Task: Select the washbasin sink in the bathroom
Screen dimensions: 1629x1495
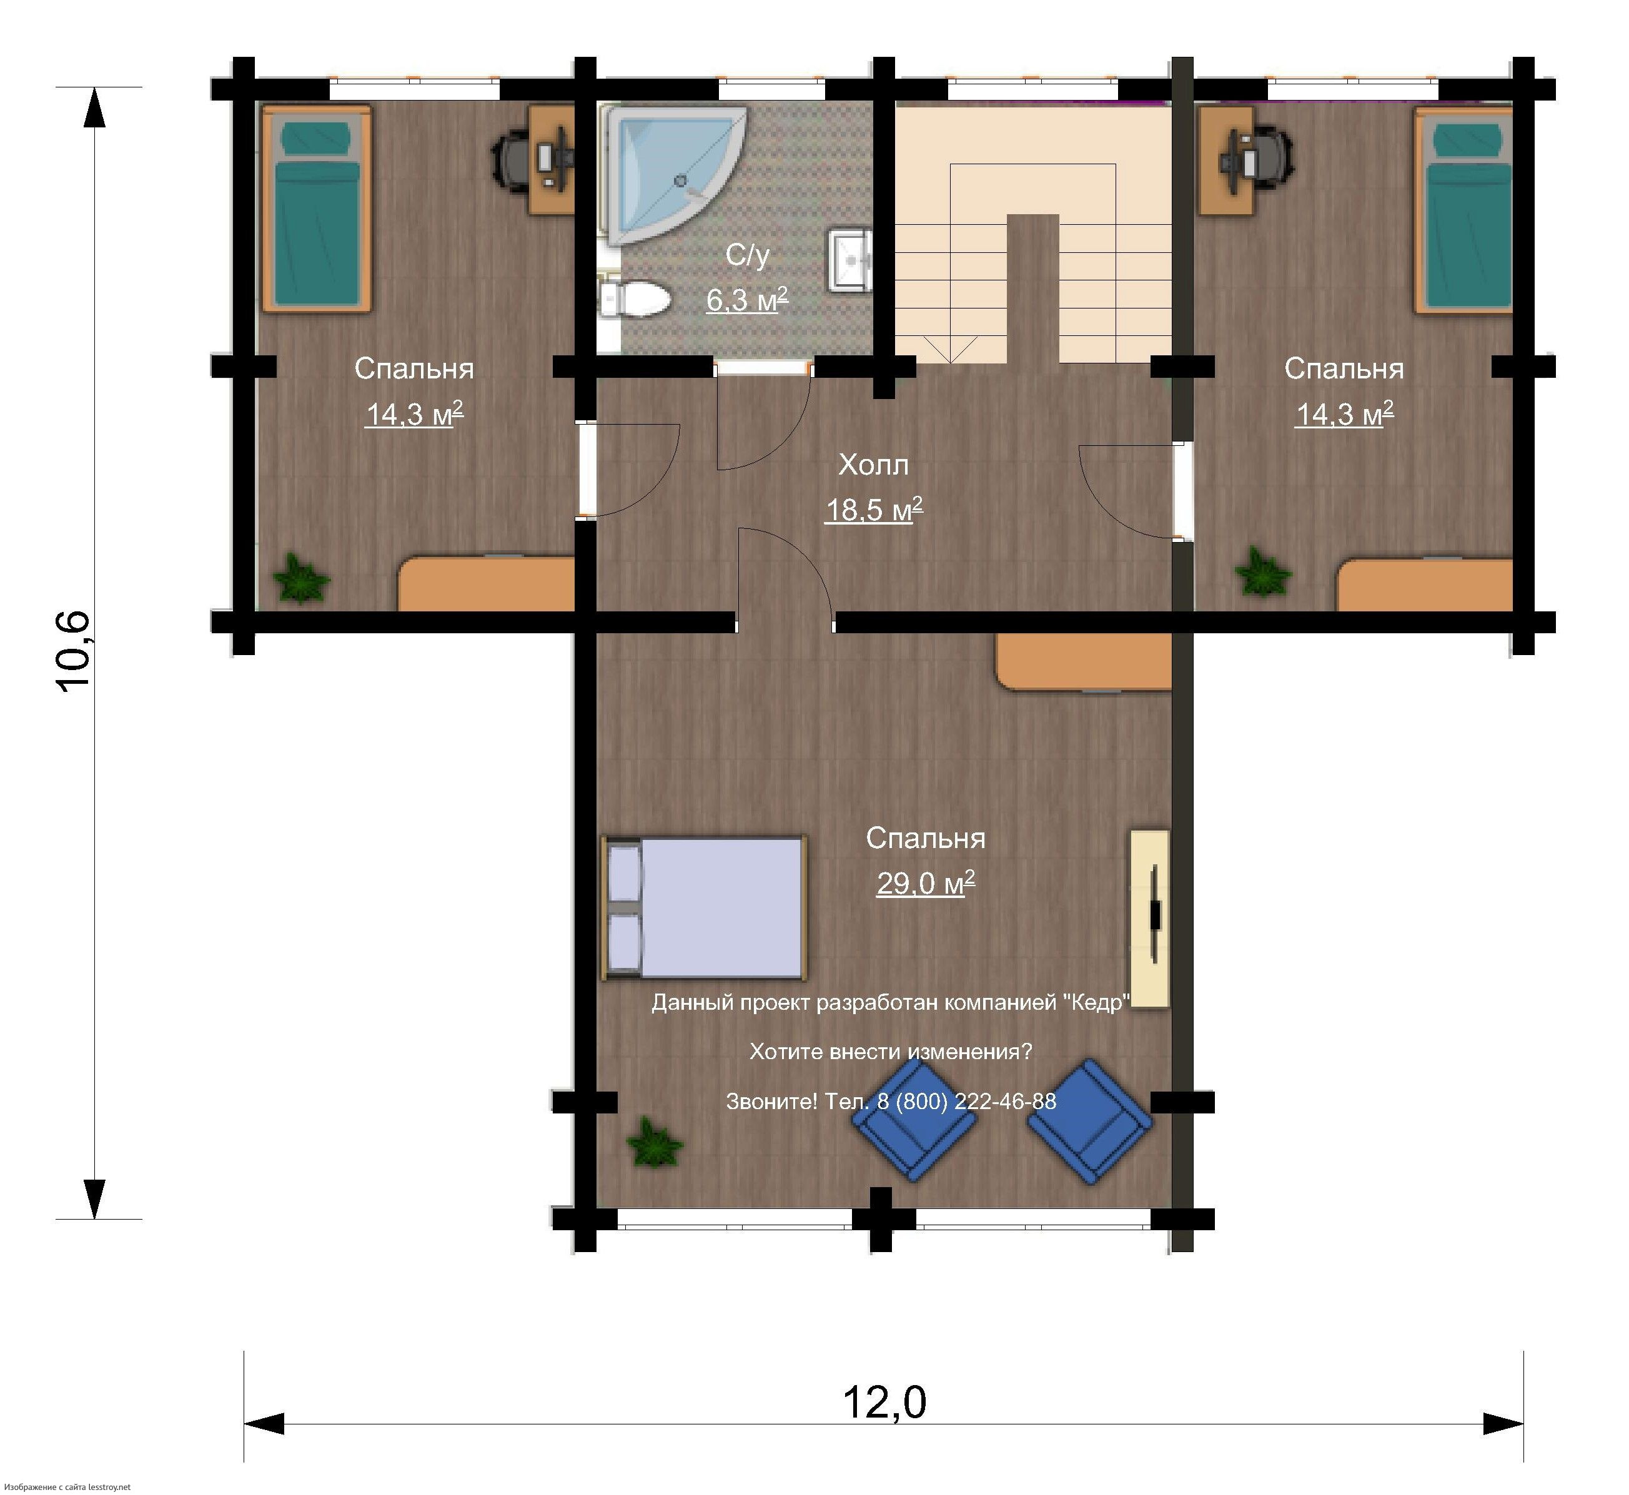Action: tap(849, 260)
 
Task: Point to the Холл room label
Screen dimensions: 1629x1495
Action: tap(873, 465)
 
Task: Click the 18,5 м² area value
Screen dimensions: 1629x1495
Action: tap(873, 510)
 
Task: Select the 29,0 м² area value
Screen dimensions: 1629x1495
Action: tap(925, 882)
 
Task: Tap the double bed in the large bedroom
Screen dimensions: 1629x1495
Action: tap(704, 909)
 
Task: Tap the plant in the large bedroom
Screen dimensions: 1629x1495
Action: tap(655, 1142)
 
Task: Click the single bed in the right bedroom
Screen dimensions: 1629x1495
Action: tap(1464, 210)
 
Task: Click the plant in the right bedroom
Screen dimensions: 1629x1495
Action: tap(1262, 573)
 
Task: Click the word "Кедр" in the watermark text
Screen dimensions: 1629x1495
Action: tap(1097, 1003)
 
